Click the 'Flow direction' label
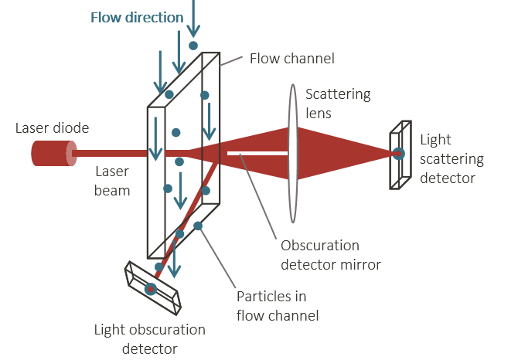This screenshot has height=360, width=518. (137, 17)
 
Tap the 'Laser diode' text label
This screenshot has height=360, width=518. (52, 128)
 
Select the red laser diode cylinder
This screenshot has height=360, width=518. (53, 153)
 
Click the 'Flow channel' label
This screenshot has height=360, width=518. (292, 59)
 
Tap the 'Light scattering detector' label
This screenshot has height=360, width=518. (452, 159)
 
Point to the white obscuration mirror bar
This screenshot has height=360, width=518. (258, 153)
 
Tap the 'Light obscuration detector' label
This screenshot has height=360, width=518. (150, 338)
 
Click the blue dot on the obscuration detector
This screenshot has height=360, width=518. (151, 289)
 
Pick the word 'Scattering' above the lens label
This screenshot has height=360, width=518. (338, 95)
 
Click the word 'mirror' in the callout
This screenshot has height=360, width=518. (361, 264)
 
